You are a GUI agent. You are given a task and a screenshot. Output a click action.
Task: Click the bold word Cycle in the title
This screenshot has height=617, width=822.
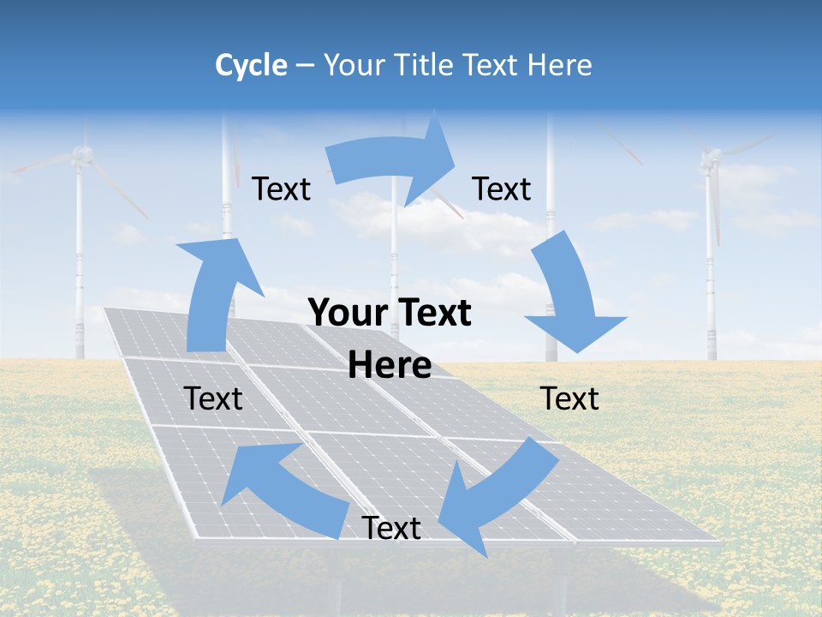click(251, 65)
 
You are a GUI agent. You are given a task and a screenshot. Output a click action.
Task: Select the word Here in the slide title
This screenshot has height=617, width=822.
click(561, 65)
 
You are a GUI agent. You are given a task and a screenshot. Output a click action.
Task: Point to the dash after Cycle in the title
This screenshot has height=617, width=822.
click(304, 65)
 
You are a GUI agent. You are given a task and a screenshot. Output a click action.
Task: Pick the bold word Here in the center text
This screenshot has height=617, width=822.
click(390, 365)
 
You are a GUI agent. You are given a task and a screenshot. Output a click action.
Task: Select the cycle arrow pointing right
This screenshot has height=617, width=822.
click(394, 163)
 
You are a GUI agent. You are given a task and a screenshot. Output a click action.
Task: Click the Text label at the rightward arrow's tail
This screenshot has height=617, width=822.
click(281, 189)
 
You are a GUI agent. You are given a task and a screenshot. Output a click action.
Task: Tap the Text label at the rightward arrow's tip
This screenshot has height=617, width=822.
click(502, 189)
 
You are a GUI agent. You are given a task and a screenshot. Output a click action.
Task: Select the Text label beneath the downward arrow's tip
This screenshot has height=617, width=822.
click(569, 398)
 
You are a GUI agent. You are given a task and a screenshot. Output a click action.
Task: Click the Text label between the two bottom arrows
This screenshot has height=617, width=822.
click(391, 528)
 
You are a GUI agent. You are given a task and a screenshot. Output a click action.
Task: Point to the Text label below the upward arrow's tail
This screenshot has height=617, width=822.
click(213, 398)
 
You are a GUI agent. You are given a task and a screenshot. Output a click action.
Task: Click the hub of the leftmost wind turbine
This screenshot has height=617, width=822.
click(81, 154)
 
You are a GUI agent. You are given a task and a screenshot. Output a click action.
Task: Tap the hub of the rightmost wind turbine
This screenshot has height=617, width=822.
click(711, 157)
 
